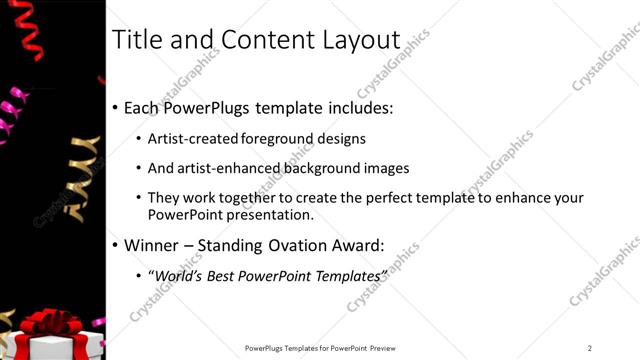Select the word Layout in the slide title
tap(356, 40)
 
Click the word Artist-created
tap(196, 139)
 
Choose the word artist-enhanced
tap(225, 168)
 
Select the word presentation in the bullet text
tap(270, 214)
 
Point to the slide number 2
tap(589, 347)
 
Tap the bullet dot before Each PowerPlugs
tap(115, 108)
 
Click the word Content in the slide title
tap(262, 40)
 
